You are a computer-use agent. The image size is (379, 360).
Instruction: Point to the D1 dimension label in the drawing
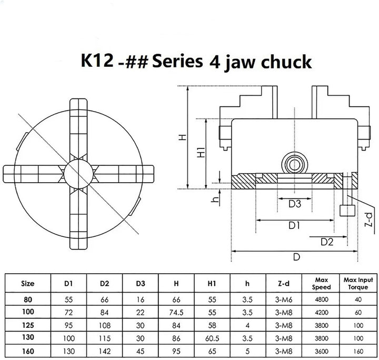coord(294,226)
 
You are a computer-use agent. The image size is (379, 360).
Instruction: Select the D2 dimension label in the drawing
coord(327,242)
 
